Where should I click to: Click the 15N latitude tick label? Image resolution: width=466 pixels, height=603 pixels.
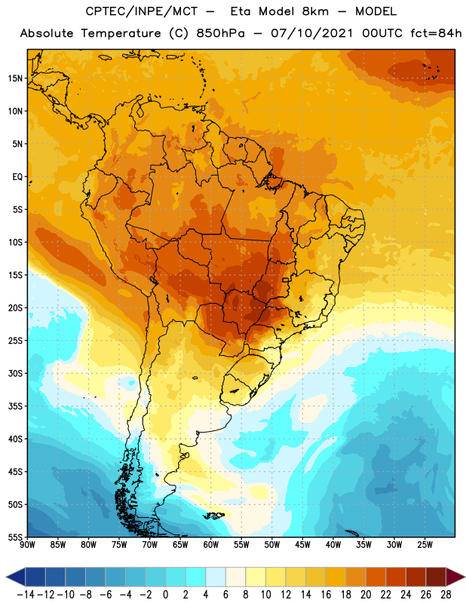click(x=15, y=78)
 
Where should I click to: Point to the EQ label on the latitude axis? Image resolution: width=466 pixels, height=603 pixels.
click(x=17, y=177)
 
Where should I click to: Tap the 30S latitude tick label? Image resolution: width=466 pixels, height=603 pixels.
click(x=16, y=373)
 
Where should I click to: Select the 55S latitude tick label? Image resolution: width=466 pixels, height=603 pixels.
click(x=16, y=537)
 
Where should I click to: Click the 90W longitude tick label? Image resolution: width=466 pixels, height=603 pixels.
click(x=27, y=544)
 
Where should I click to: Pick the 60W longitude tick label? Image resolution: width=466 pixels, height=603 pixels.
click(x=211, y=544)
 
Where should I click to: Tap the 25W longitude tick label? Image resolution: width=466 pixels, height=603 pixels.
click(x=425, y=544)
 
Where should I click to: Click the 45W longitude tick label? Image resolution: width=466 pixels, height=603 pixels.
click(x=302, y=544)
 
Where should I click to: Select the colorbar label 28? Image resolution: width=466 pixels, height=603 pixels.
click(x=446, y=595)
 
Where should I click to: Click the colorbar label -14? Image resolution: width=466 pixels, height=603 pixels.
click(x=26, y=595)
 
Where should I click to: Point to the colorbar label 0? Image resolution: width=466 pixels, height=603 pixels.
click(x=165, y=595)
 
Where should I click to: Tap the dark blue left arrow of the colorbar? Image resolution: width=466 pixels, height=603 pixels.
click(x=15, y=577)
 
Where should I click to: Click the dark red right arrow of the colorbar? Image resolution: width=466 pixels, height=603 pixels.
click(x=455, y=577)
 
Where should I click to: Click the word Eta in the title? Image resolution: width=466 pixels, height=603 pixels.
click(x=241, y=11)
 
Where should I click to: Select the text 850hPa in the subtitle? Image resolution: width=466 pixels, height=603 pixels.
click(x=220, y=33)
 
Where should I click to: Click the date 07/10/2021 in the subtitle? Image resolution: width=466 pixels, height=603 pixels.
click(x=311, y=33)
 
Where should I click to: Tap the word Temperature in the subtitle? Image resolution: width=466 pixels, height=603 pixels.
click(x=121, y=33)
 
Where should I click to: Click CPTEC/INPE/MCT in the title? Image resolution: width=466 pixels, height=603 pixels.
click(x=141, y=11)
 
